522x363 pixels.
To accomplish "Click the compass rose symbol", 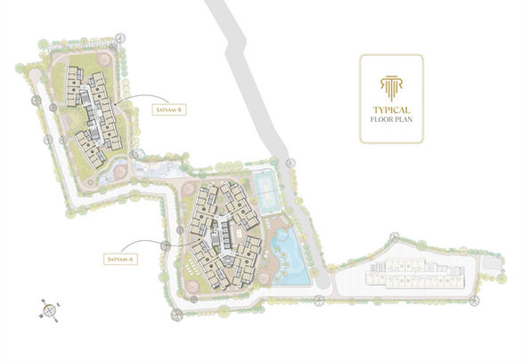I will coord(50,310).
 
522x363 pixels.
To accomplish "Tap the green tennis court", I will coord(263,190).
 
